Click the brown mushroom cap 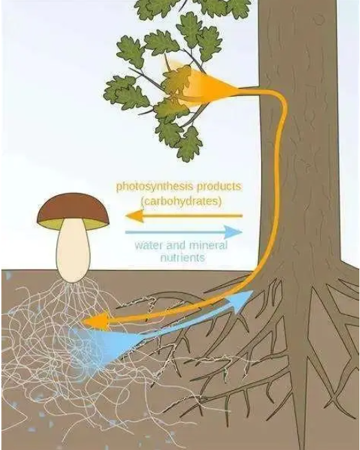tap(74, 207)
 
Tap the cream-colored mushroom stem tap(74, 253)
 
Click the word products tap(219, 187)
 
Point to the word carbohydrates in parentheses tap(181, 201)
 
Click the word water tap(148, 245)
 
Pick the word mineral tap(205, 245)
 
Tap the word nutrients tap(183, 258)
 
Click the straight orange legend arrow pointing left tap(183, 216)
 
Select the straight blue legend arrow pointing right tap(183, 232)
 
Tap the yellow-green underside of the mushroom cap tap(74, 224)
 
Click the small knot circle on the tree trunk tap(318, 19)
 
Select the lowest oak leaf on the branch tap(189, 145)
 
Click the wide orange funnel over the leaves tap(201, 85)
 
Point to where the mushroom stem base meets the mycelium tap(73, 282)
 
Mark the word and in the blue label tap(172, 245)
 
